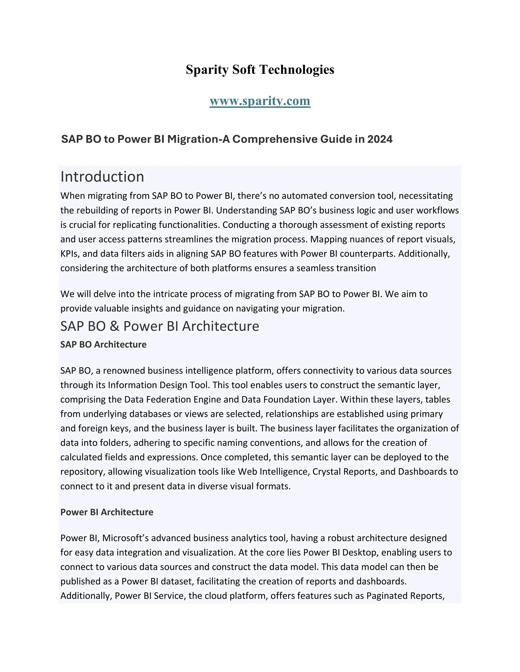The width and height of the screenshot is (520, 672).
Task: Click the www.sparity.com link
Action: [260, 101]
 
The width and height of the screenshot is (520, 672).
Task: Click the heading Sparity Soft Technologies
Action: [260, 69]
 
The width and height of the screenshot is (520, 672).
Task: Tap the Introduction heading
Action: [102, 176]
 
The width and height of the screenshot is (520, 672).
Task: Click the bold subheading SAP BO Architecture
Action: [103, 344]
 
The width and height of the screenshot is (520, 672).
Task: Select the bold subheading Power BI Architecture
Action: [107, 512]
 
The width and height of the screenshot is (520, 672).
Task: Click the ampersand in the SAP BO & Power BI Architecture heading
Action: [114, 326]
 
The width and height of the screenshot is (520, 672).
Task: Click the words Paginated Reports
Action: [405, 596]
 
